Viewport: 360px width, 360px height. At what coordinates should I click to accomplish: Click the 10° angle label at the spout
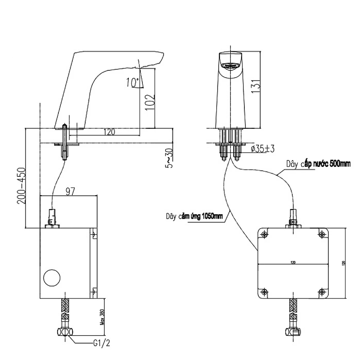point(132,82)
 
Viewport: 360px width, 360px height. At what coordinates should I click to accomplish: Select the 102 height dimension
point(149,104)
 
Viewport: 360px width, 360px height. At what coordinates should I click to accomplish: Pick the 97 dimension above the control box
point(70,192)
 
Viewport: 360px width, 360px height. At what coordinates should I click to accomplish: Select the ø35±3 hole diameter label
point(263,149)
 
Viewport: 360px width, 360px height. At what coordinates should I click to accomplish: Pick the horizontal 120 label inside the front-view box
point(293,262)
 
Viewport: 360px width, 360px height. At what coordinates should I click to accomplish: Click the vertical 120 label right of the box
point(344,263)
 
